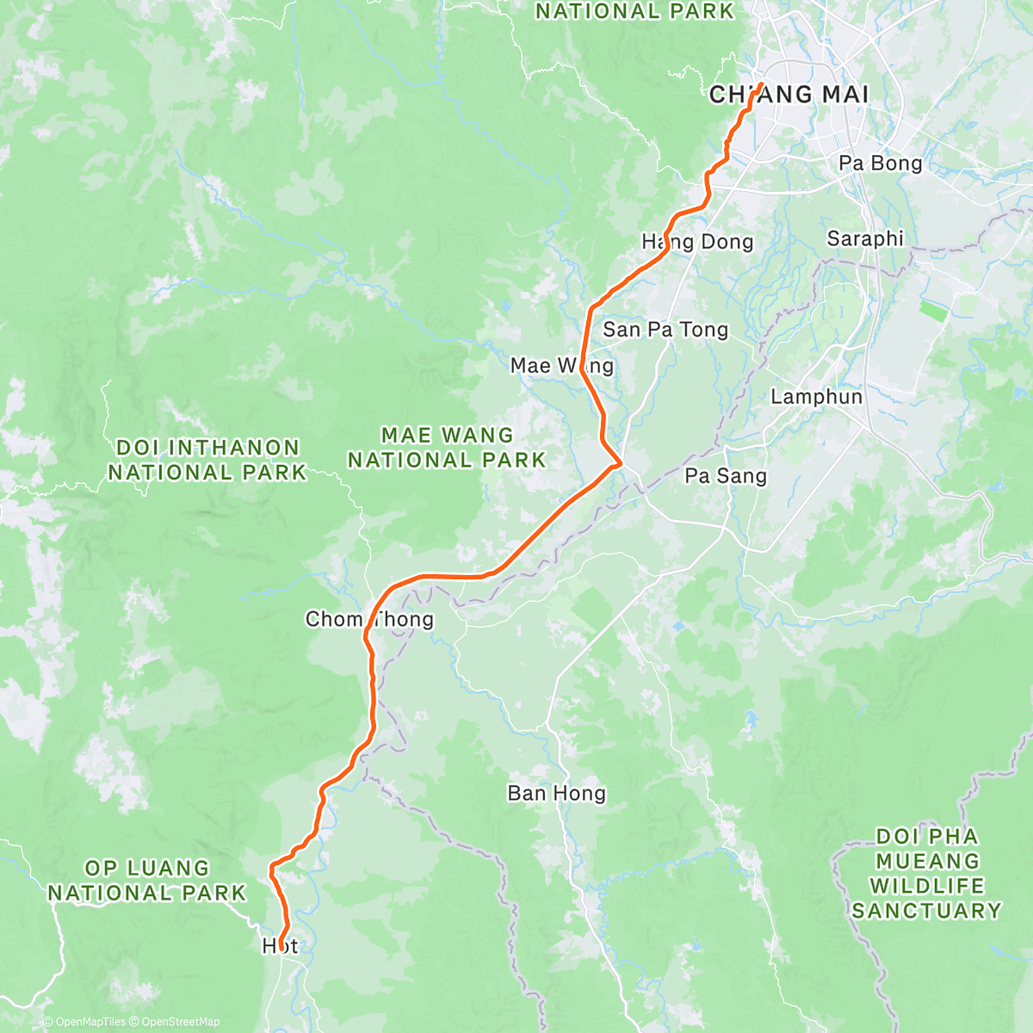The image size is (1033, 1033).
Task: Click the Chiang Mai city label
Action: pyautogui.click(x=789, y=94)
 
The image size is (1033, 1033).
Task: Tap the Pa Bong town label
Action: pyautogui.click(x=880, y=164)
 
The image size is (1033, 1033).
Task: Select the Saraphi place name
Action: pyautogui.click(x=865, y=238)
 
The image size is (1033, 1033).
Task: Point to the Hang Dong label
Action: pyautogui.click(x=697, y=242)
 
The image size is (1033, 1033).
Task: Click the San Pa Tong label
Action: pyautogui.click(x=665, y=330)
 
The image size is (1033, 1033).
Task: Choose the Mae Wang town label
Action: pyautogui.click(x=561, y=366)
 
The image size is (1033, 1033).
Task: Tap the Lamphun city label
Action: pyautogui.click(x=816, y=397)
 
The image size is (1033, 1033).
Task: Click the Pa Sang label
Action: pyautogui.click(x=725, y=476)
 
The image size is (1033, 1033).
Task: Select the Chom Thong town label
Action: pyautogui.click(x=369, y=619)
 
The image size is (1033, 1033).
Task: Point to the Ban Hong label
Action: pyautogui.click(x=556, y=793)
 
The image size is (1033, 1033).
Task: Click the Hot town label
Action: pyautogui.click(x=280, y=946)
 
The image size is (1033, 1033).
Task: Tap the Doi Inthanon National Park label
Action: pyautogui.click(x=207, y=460)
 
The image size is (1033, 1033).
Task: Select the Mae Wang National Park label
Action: pyautogui.click(x=447, y=448)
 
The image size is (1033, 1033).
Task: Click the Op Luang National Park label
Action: pyautogui.click(x=146, y=881)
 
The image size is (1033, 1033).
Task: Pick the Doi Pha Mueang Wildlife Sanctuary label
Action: pyautogui.click(x=926, y=873)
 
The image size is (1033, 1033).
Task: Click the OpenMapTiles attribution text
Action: pyautogui.click(x=84, y=1022)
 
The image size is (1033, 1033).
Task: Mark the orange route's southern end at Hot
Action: pyautogui.click(x=281, y=951)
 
